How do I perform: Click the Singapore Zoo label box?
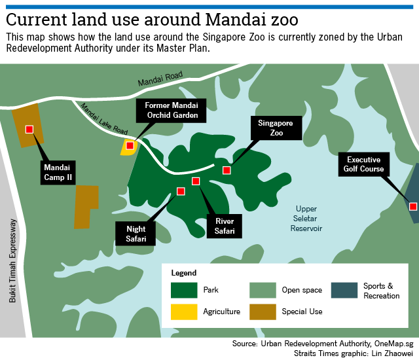click(x=276, y=128)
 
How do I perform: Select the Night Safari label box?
click(x=136, y=233)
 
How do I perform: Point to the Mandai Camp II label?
click(x=58, y=171)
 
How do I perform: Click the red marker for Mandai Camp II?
click(x=29, y=129)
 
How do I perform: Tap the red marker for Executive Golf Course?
click(x=413, y=206)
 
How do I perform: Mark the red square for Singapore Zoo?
click(x=227, y=170)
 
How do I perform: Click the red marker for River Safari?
click(x=195, y=181)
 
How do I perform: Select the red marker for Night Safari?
click(x=181, y=191)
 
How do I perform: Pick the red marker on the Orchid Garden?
click(x=130, y=145)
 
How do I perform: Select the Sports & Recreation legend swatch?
click(x=344, y=290)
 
